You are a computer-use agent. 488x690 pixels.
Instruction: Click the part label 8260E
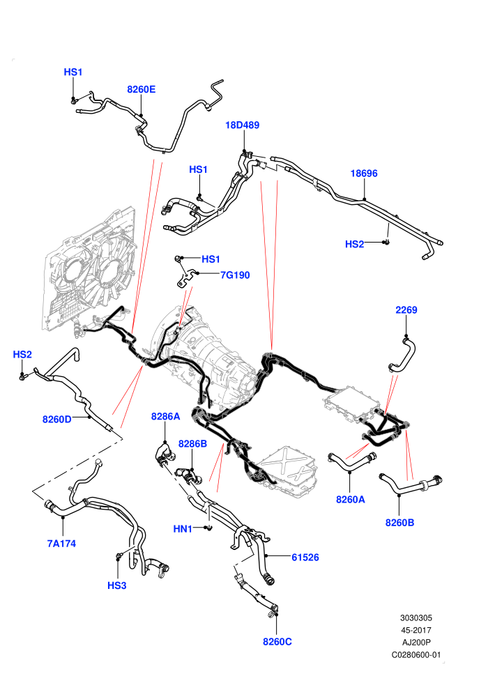[x=142, y=89]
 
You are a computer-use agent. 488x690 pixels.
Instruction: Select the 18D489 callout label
[x=243, y=125]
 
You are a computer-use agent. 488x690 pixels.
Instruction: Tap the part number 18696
[x=364, y=174]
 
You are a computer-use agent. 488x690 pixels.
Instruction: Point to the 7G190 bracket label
[x=235, y=275]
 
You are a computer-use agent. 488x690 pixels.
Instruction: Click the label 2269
[x=406, y=309]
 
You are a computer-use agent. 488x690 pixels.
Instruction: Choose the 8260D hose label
[x=56, y=420]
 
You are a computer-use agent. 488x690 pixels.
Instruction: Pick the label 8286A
[x=165, y=416]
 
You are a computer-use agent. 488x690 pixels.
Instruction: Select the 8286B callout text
[x=192, y=443]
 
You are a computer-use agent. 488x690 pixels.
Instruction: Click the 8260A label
[x=350, y=500]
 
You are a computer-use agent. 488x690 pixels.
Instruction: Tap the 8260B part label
[x=399, y=523]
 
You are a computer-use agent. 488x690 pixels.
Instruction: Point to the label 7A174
[x=61, y=544]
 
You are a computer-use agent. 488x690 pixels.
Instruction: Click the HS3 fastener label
[x=116, y=585]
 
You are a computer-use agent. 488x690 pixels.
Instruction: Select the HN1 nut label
[x=183, y=528]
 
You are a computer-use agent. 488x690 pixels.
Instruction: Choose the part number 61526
[x=305, y=558]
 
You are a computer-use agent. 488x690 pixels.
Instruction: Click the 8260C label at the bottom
[x=277, y=642]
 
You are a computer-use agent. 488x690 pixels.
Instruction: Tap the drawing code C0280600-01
[x=416, y=654]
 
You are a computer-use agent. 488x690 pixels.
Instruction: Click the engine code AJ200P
[x=416, y=643]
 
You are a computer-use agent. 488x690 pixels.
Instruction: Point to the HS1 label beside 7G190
[x=211, y=259]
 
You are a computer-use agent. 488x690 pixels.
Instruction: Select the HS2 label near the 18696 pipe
[x=355, y=244]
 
